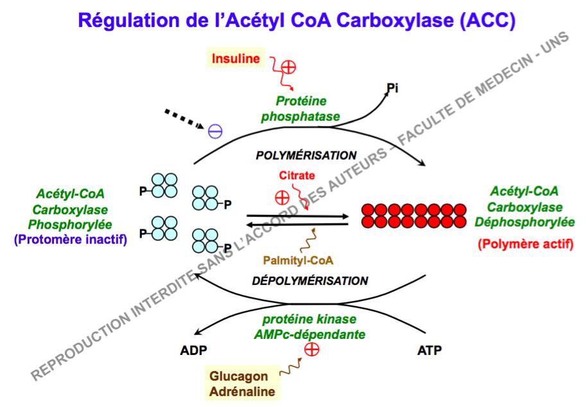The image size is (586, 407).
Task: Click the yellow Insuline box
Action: (x=236, y=59)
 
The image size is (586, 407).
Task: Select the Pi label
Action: (x=392, y=88)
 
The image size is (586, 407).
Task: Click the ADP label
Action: (x=194, y=351)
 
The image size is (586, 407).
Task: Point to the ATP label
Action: (x=429, y=351)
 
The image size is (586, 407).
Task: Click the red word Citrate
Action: (x=296, y=175)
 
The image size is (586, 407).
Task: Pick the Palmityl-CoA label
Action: (x=298, y=261)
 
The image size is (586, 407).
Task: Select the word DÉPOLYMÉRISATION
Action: (x=310, y=281)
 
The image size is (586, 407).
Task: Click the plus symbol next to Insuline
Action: (x=289, y=65)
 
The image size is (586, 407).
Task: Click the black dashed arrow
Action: (x=184, y=119)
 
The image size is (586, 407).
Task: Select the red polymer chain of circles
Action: (x=413, y=216)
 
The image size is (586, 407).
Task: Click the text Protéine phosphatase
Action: (x=301, y=109)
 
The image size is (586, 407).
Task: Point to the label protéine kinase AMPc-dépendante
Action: (x=310, y=327)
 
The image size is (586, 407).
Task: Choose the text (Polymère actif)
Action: (x=525, y=245)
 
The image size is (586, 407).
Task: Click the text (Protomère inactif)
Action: (x=70, y=239)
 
